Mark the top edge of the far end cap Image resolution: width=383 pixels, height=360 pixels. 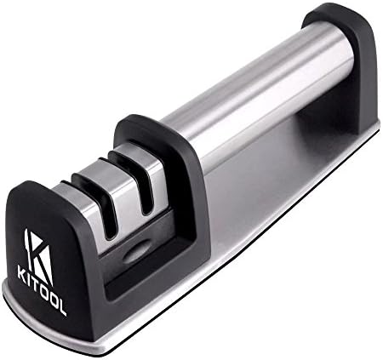[x=336, y=10]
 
